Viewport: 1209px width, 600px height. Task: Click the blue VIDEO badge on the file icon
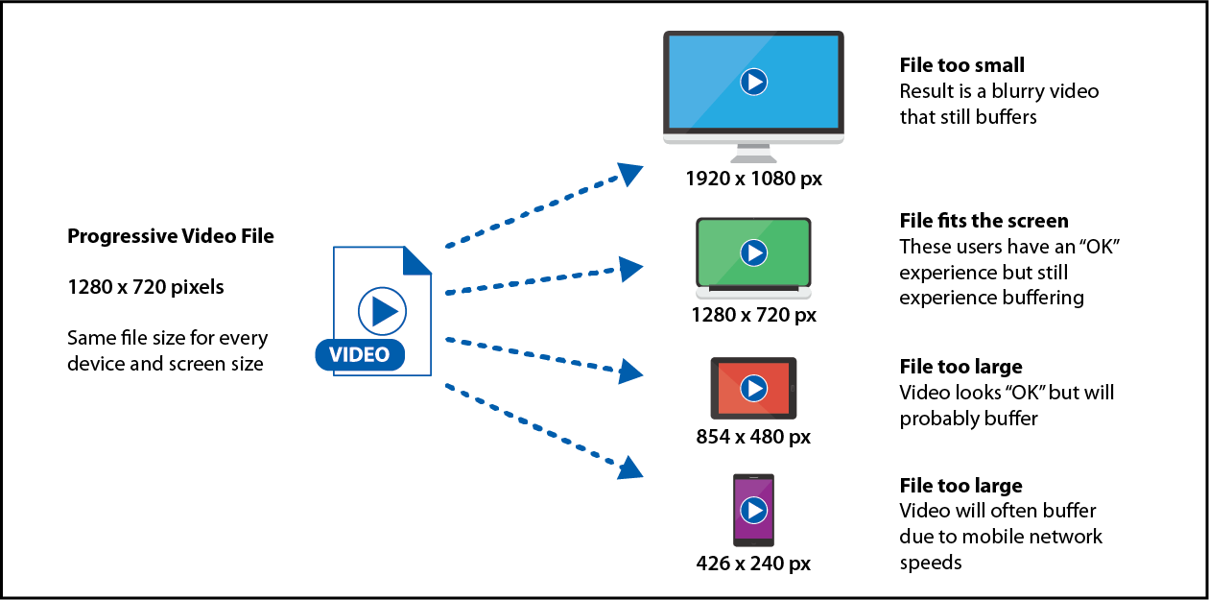360,355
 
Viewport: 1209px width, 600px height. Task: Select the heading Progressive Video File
171,236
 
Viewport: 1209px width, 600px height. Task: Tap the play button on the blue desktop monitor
754,83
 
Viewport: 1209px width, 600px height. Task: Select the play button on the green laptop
754,252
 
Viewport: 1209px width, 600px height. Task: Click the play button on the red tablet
754,388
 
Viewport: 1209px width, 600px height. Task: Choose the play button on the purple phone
754,510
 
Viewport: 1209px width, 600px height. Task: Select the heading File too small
962,65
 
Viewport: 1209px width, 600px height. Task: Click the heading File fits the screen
984,222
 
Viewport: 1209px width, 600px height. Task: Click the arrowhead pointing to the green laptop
630,270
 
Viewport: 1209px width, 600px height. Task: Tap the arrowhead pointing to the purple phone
629,468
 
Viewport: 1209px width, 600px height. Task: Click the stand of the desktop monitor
753,154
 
